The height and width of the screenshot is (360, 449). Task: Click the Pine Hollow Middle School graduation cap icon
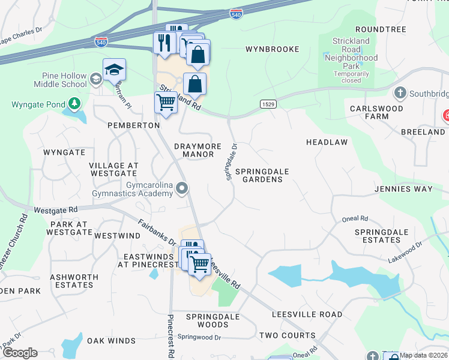[x=113, y=70]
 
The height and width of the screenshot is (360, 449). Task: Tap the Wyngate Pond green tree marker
[x=74, y=104]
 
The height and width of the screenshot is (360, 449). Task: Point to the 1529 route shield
[x=268, y=104]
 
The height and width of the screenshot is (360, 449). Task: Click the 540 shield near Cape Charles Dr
[x=101, y=42]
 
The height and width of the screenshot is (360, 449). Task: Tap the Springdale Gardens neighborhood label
[x=262, y=175]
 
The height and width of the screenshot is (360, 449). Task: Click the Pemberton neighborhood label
[x=133, y=125]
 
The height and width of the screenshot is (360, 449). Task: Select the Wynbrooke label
[x=273, y=49]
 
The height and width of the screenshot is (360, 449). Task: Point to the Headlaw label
[x=327, y=142]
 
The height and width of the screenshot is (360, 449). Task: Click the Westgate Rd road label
[x=56, y=211]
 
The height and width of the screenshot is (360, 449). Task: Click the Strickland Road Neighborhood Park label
[x=351, y=58]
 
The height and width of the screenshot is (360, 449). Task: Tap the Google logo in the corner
[x=20, y=352]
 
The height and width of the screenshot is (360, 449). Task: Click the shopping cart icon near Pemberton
[x=166, y=102]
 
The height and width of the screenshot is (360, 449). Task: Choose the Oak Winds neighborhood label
[x=111, y=341]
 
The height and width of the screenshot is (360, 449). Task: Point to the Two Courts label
[x=287, y=335]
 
